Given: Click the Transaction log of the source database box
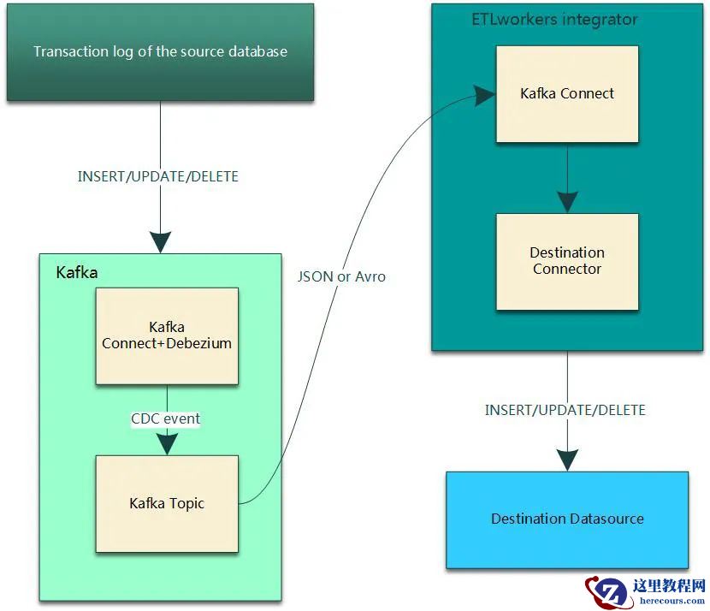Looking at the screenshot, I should click(160, 51).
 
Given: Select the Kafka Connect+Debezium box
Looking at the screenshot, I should click(167, 335).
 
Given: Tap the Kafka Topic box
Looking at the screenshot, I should click(167, 503).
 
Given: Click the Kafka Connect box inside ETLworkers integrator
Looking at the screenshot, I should click(567, 93).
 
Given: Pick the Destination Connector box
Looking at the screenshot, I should click(567, 261).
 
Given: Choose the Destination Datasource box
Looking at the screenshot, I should click(567, 519).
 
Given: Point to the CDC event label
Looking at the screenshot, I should click(165, 418).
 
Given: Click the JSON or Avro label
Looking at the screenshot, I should click(341, 276).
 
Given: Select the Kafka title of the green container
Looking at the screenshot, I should click(77, 273).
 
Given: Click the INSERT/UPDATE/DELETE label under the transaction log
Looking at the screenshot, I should click(158, 177).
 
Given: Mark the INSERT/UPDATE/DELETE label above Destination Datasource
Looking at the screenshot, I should click(565, 410).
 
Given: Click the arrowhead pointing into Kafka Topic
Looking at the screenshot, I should click(167, 442).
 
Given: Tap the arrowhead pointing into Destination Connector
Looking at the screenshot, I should click(567, 201).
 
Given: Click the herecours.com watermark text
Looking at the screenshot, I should click(672, 601).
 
